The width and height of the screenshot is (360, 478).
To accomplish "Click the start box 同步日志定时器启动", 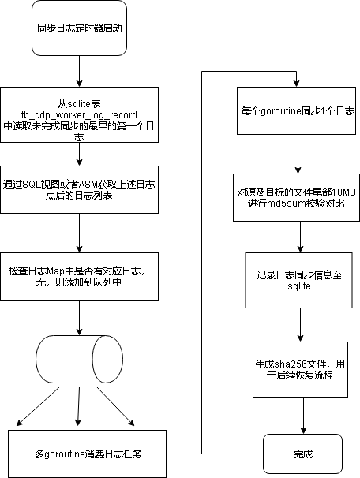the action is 79,28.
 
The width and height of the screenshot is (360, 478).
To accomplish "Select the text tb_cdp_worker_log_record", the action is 79,115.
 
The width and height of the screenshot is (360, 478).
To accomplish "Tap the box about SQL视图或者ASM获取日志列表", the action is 79,189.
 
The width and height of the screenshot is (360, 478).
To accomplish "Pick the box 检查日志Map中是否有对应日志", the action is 79,277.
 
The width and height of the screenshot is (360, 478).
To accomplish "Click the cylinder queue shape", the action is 79,360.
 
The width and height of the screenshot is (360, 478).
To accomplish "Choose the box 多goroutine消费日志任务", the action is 88,454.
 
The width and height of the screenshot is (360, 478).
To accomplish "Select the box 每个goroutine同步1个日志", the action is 297,110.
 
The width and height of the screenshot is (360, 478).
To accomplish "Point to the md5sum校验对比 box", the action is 297,197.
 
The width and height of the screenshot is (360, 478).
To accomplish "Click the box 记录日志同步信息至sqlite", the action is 299,281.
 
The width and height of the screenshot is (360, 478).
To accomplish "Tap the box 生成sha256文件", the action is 301,369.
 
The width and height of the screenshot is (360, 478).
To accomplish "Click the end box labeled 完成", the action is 303,454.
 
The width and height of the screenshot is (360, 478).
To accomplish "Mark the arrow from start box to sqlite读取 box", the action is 79,71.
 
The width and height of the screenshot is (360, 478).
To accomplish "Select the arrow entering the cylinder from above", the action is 79,318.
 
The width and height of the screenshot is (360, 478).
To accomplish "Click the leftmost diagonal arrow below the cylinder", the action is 38,406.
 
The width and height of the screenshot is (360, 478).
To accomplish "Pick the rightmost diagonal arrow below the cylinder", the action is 115,406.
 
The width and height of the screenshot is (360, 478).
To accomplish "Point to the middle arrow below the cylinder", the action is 79,406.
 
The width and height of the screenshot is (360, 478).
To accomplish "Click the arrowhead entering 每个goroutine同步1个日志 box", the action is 297,84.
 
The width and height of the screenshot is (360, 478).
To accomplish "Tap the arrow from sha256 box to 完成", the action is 303,416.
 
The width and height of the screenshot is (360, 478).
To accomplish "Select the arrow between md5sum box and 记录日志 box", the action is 300,237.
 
